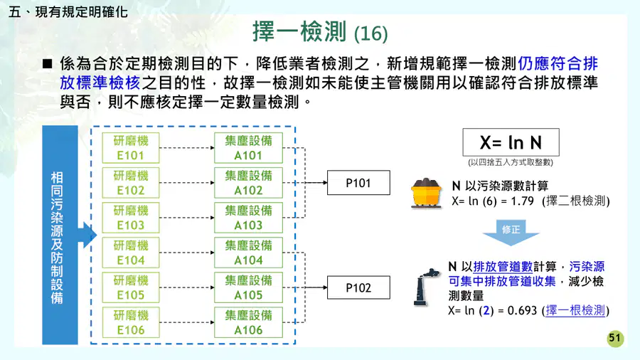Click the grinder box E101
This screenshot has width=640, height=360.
click(131, 148)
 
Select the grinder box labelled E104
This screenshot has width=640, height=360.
click(131, 253)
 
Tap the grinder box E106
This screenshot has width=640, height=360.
click(131, 322)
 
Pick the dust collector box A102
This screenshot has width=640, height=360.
click(248, 183)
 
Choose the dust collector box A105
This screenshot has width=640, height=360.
click(248, 287)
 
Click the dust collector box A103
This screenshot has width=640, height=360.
click(248, 218)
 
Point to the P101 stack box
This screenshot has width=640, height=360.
click(358, 183)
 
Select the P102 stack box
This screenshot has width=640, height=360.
click(358, 287)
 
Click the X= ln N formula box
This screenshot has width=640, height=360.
click(511, 142)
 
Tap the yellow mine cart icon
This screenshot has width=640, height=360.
click(427, 194)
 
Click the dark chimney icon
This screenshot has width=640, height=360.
click(425, 287)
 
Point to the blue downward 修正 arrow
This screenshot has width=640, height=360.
click(511, 233)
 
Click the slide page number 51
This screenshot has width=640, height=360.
click(615, 339)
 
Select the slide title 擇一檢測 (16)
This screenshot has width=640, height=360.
click(320, 32)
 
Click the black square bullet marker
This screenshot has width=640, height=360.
click(48, 63)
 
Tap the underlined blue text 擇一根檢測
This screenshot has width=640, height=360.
click(575, 311)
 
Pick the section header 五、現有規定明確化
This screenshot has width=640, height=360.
click(68, 12)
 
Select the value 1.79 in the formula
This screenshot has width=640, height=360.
click(523, 201)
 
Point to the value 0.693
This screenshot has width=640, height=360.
click(522, 311)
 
